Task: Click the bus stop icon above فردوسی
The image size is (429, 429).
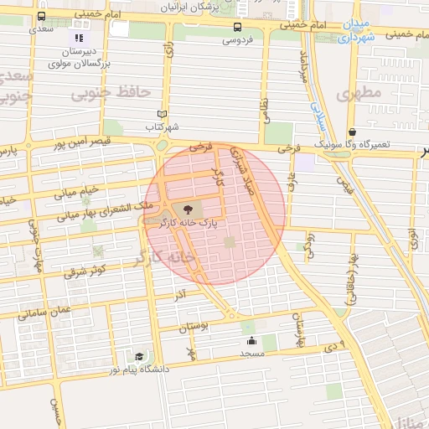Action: [238, 27]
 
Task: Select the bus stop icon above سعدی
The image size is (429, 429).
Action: [41, 16]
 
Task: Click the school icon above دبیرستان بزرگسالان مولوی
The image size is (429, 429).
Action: [79, 38]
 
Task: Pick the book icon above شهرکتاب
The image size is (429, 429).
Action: [163, 115]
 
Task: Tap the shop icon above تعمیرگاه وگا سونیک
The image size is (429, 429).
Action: [353, 132]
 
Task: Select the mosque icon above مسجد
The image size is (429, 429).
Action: [251, 340]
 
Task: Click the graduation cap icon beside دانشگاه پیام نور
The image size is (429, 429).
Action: [127, 356]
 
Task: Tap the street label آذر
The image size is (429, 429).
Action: [178, 296]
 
